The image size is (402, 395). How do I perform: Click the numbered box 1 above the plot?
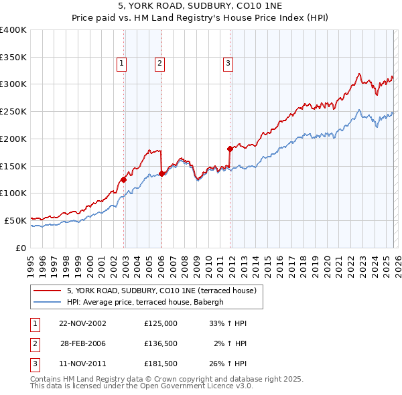[x=122, y=64]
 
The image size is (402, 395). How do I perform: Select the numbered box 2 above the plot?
[x=160, y=64]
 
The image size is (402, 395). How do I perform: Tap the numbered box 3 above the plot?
[x=228, y=64]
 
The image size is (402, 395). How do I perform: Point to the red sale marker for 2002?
[x=124, y=179]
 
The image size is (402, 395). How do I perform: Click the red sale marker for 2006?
[x=162, y=173]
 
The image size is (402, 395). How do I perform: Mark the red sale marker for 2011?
[x=230, y=149]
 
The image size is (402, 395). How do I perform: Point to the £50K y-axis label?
[x=15, y=220]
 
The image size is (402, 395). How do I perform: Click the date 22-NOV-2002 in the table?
[x=82, y=323]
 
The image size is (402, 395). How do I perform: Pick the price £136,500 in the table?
[x=160, y=343]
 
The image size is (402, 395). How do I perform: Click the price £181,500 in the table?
[x=160, y=364]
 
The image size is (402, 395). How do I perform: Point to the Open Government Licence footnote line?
[x=142, y=386]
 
